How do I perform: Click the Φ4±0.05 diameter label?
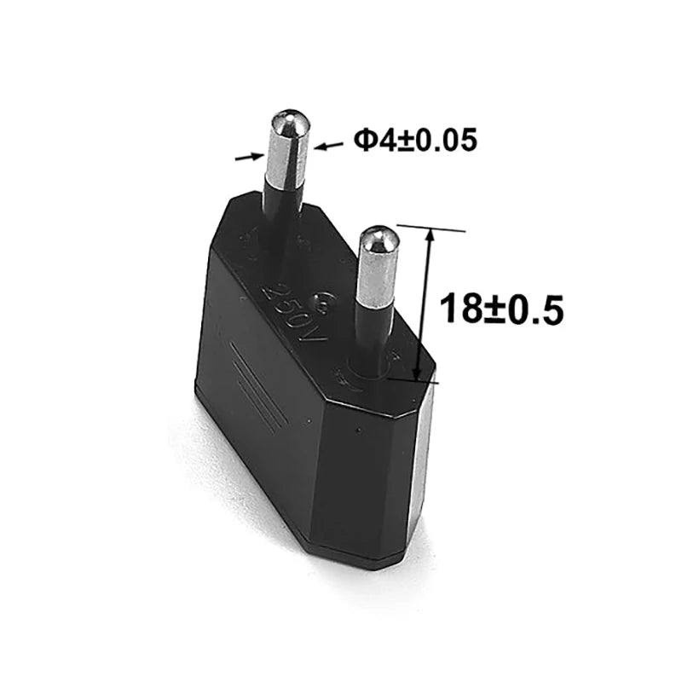416,140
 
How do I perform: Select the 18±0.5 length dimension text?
502,308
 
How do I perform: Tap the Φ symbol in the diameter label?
364,140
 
